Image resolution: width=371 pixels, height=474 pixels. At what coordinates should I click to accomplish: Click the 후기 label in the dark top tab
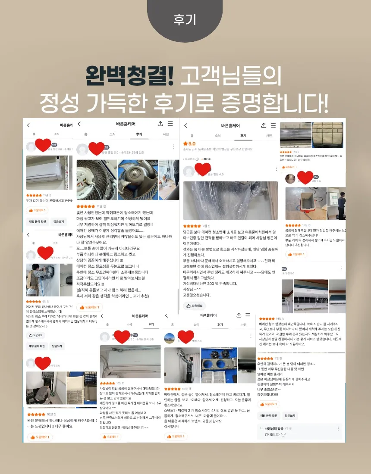coord(185,20)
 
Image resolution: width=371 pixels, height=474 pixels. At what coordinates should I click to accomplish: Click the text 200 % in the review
coord(215,284)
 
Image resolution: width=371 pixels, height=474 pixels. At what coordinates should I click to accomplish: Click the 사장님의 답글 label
coord(275,428)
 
